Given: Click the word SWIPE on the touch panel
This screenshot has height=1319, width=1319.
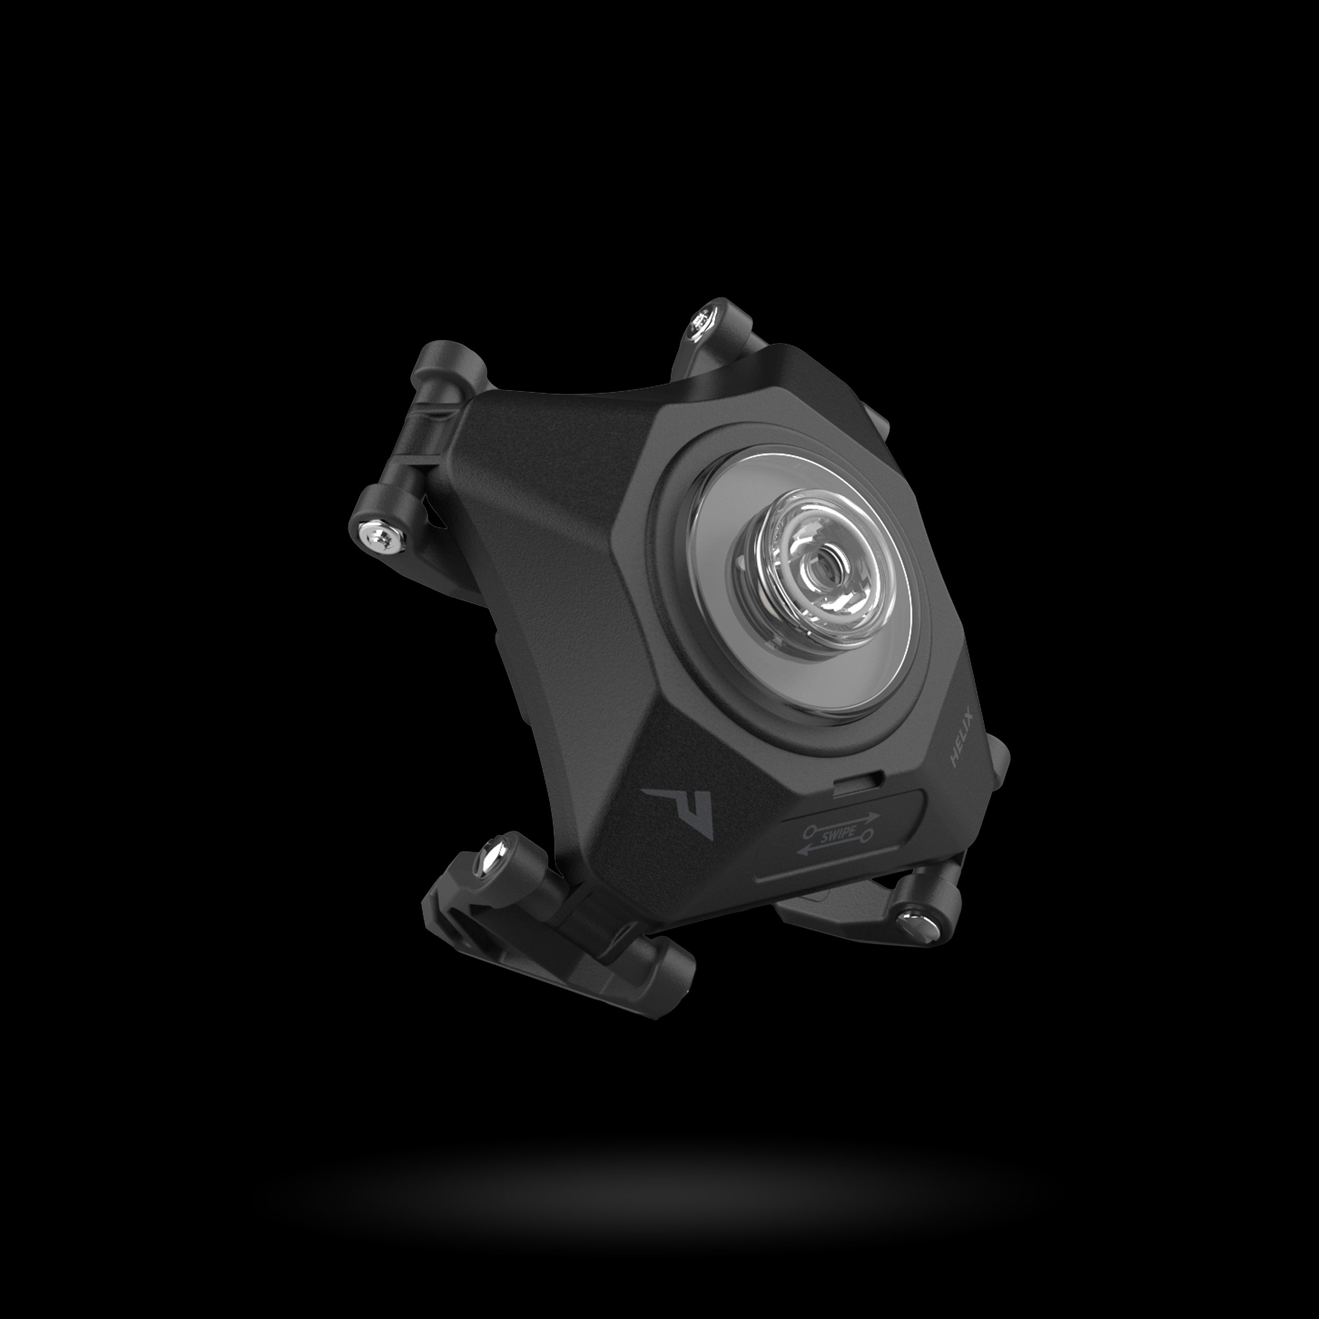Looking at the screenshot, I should click(839, 835).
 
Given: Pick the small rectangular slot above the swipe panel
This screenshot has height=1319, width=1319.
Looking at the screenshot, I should click(857, 782).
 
